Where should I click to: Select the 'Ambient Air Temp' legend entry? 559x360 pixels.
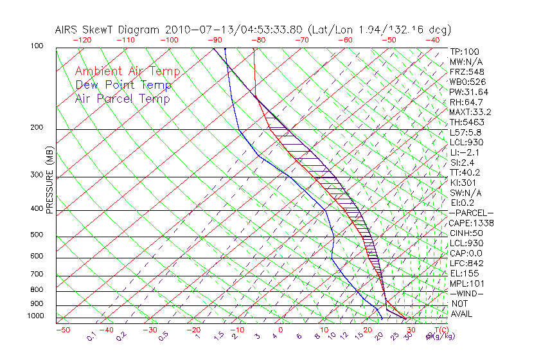127,71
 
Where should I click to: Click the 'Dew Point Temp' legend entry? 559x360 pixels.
123,85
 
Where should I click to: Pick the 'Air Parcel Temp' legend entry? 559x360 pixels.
122,98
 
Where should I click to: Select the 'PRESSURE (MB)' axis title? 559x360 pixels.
49,179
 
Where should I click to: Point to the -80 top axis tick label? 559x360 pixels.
258,40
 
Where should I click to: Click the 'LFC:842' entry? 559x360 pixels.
466,264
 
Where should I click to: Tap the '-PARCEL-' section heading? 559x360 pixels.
471,213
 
